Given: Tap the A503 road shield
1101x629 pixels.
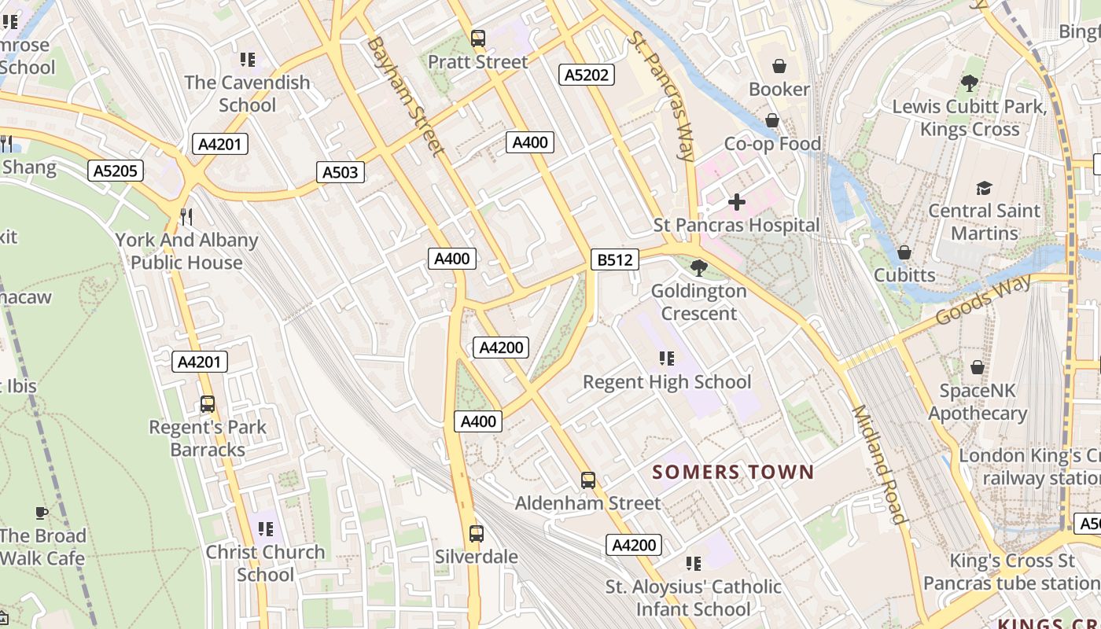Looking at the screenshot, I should [341, 172].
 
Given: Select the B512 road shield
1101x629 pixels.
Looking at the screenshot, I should [614, 259].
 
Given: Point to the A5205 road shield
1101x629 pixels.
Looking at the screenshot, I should [116, 171].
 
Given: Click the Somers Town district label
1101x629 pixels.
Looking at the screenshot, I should [733, 473].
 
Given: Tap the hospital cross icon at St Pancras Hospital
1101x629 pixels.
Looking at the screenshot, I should [736, 203].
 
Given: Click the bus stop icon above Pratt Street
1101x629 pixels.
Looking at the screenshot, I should [477, 38].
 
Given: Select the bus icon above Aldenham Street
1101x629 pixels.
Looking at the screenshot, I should [587, 480].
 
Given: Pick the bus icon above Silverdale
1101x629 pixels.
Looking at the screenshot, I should [476, 533].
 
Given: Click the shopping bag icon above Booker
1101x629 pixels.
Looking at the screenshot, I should [779, 66].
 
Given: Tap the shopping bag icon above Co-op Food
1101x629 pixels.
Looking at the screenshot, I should [771, 120].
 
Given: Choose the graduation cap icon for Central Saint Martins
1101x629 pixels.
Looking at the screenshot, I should [984, 188].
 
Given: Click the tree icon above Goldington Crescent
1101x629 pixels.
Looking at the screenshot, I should [698, 267].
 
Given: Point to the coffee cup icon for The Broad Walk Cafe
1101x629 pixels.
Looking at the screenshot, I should [42, 513].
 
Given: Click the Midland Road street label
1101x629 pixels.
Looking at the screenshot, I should [879, 464].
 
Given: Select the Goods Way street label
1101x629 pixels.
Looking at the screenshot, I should [983, 300].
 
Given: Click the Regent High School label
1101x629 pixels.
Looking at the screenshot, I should [667, 382].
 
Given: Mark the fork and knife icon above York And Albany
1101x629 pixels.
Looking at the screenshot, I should [186, 216].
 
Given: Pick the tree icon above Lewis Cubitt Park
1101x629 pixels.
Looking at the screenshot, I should [969, 83].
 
